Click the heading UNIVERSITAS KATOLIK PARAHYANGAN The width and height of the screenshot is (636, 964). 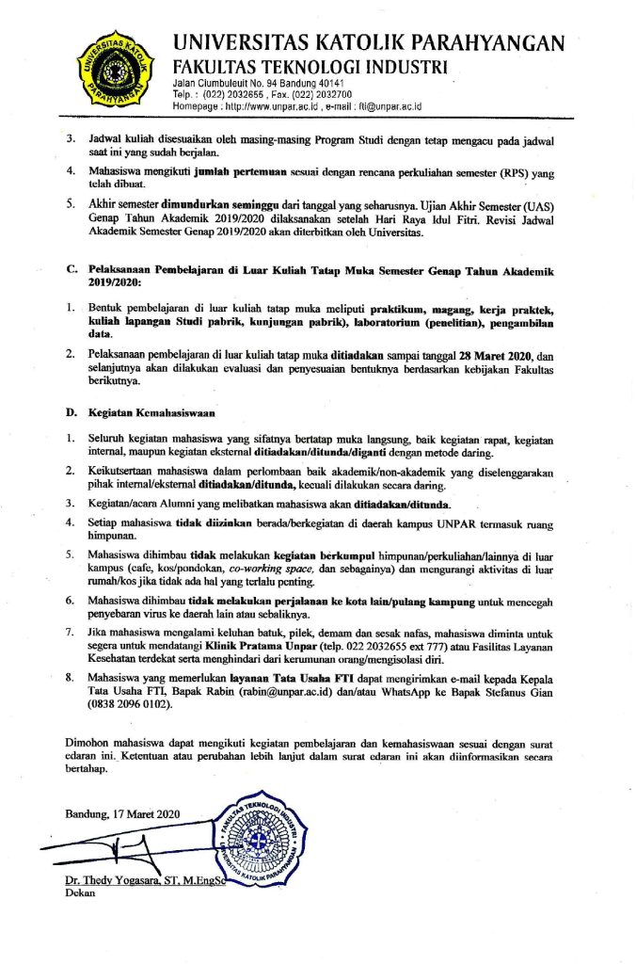click(x=369, y=42)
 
